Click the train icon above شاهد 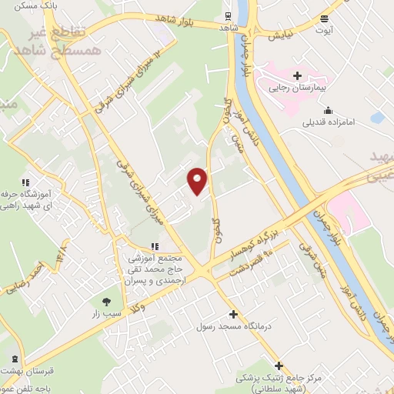(228, 15)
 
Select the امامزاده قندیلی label (332, 121)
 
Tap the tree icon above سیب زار (107, 302)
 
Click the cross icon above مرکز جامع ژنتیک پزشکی (279, 366)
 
